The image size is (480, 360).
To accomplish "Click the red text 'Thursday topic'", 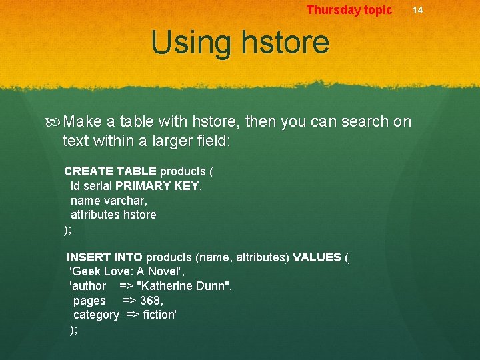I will [x=349, y=10].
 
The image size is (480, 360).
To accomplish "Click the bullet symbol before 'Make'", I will [x=55, y=123].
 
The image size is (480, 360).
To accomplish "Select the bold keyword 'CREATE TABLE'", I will [x=110, y=171].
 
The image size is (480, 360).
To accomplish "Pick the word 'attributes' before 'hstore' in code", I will [x=95, y=215].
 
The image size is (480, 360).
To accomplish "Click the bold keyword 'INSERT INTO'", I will [x=104, y=257].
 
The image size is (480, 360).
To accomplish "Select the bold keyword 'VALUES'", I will [x=317, y=257].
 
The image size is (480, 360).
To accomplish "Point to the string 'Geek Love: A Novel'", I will [x=127, y=272].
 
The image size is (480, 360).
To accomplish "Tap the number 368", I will [x=151, y=301].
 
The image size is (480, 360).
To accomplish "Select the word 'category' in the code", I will [x=96, y=315].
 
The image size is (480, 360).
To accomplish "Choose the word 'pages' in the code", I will [x=89, y=301].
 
